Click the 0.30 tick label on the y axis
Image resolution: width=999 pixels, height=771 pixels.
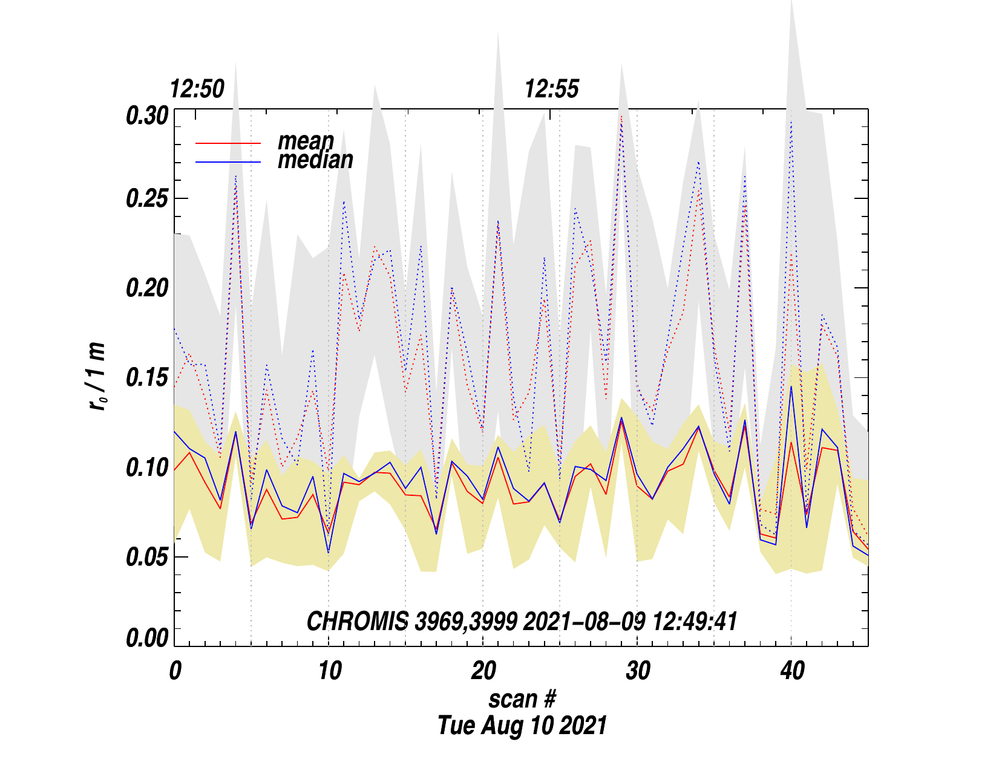pos(146,115)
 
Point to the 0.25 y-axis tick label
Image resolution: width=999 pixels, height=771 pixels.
pos(146,200)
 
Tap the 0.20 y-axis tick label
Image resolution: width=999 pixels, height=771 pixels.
pos(146,288)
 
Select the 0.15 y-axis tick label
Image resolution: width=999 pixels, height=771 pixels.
pos(146,378)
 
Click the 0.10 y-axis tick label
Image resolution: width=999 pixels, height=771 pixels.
pos(146,467)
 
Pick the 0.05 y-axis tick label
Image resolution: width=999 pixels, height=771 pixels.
pos(146,557)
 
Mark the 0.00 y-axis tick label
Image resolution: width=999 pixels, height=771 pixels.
pos(146,639)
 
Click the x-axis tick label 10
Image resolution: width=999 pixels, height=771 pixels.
pos(329,671)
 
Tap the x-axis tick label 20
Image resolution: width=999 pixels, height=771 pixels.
pos(483,671)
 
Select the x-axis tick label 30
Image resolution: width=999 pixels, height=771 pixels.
pos(638,671)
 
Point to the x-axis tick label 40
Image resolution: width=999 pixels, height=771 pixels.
pos(792,671)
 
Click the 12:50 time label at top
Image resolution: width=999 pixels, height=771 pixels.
pos(197,89)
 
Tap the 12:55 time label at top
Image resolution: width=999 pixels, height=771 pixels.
pos(551,89)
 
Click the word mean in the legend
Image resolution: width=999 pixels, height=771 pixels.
pos(306,141)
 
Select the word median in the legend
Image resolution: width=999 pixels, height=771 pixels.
pos(315,160)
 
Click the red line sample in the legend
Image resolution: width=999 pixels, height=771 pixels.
pos(228,143)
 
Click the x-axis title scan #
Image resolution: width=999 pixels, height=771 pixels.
pos(522,699)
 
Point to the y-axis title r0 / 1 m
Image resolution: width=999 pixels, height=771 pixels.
pos(97,377)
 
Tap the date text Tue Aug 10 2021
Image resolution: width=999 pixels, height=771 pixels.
pos(522,725)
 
